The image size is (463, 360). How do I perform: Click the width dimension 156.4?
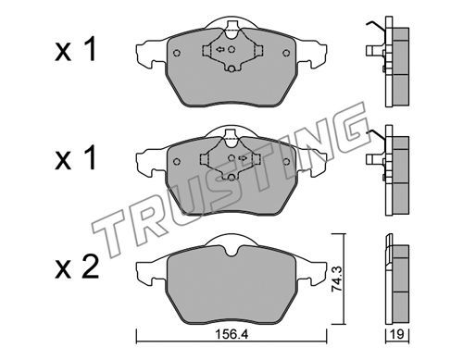coord(231,334)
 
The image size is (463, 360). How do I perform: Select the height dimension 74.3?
coord(336,279)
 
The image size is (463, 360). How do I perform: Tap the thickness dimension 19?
coord(397,334)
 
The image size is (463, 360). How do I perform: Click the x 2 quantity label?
coord(77,267)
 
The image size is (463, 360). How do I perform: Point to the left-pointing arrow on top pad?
coord(219,49)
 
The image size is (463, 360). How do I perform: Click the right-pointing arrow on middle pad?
coord(243,158)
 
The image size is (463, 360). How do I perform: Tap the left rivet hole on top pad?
coord(177,53)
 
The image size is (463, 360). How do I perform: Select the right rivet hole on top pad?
coord(286,53)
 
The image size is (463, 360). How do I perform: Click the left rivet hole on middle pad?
coord(177,161)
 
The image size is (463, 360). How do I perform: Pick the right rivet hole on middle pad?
coord(286,161)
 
